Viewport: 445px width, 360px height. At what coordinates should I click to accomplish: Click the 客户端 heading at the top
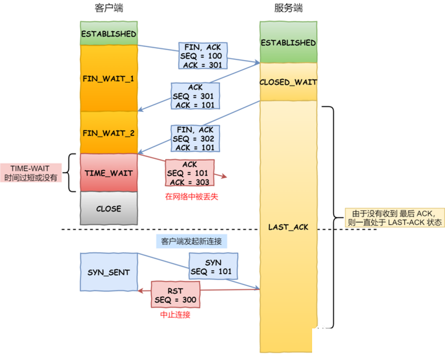(109, 8)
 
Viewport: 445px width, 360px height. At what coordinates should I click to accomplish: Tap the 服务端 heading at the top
(289, 8)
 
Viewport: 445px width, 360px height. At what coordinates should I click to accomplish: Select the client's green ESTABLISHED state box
(109, 33)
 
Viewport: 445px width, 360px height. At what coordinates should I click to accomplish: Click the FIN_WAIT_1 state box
(109, 78)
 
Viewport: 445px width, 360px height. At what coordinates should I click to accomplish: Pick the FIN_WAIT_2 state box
(109, 133)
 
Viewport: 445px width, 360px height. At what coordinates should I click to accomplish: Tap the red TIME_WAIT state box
(109, 173)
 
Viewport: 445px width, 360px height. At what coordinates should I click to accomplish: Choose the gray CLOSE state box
(109, 208)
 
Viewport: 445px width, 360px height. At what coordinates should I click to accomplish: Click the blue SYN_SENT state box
(109, 272)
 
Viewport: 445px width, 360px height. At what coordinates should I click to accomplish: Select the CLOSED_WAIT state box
(289, 82)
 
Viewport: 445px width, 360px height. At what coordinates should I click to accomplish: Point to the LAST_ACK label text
(289, 227)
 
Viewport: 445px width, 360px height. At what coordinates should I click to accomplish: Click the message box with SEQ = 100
(203, 56)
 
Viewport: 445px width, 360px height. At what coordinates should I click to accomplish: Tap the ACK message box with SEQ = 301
(195, 96)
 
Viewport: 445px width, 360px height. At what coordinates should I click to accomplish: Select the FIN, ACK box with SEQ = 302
(195, 139)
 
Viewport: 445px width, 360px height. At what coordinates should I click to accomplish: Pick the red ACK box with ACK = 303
(190, 173)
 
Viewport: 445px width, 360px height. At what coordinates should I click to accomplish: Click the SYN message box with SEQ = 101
(213, 266)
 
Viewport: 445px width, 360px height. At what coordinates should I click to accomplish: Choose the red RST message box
(176, 294)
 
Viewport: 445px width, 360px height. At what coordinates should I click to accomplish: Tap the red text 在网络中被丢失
(192, 197)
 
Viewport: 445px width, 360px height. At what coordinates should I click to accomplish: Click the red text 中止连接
(175, 315)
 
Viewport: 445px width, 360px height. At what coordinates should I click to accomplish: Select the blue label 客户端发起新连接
(192, 241)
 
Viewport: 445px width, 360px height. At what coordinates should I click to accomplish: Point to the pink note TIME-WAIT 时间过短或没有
(31, 173)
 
